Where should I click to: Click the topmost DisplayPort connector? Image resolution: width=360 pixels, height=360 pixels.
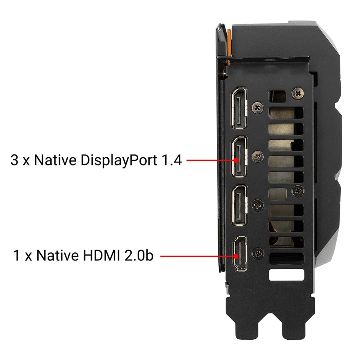pyautogui.click(x=239, y=108)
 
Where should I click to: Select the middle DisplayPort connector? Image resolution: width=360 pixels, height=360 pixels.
pyautogui.click(x=239, y=156)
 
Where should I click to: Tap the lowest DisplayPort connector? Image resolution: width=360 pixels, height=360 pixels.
pyautogui.click(x=239, y=205)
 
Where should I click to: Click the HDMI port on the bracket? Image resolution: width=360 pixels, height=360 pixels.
pyautogui.click(x=240, y=254)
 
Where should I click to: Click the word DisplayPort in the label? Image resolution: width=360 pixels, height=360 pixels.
pyautogui.click(x=119, y=160)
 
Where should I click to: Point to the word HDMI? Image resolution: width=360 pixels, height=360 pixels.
pyautogui.click(x=101, y=255)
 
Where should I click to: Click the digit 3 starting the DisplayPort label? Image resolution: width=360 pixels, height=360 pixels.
pyautogui.click(x=14, y=160)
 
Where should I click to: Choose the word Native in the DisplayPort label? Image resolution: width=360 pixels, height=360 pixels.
pyautogui.click(x=55, y=160)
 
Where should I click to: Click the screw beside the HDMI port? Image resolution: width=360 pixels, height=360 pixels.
pyautogui.click(x=258, y=254)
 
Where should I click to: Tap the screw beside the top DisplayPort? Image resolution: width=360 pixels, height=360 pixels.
pyautogui.click(x=258, y=108)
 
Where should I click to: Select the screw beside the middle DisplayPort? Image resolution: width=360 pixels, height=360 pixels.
pyautogui.click(x=258, y=156)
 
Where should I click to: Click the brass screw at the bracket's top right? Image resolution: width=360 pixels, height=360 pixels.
pyautogui.click(x=298, y=93)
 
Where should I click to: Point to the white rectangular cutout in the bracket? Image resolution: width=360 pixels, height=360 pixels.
pyautogui.click(x=286, y=275)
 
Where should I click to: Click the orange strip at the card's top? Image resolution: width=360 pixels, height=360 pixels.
pyautogui.click(x=229, y=46)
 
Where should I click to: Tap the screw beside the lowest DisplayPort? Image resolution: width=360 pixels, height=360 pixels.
pyautogui.click(x=258, y=205)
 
